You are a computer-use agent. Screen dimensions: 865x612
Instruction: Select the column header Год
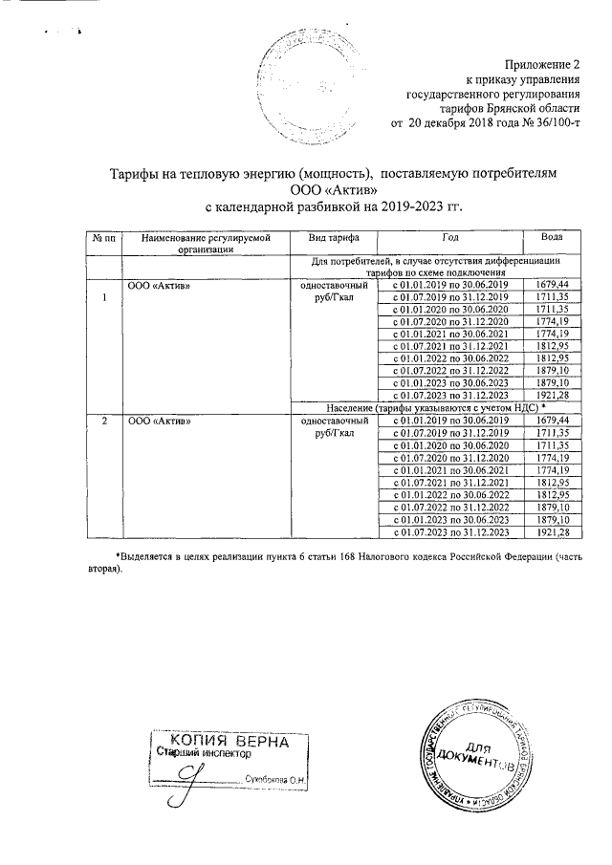[x=450, y=235]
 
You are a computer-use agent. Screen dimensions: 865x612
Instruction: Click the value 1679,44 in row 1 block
[x=553, y=285]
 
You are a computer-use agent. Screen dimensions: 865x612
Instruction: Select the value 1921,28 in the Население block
[x=553, y=531]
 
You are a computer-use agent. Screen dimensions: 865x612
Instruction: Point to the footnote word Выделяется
[x=145, y=555]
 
